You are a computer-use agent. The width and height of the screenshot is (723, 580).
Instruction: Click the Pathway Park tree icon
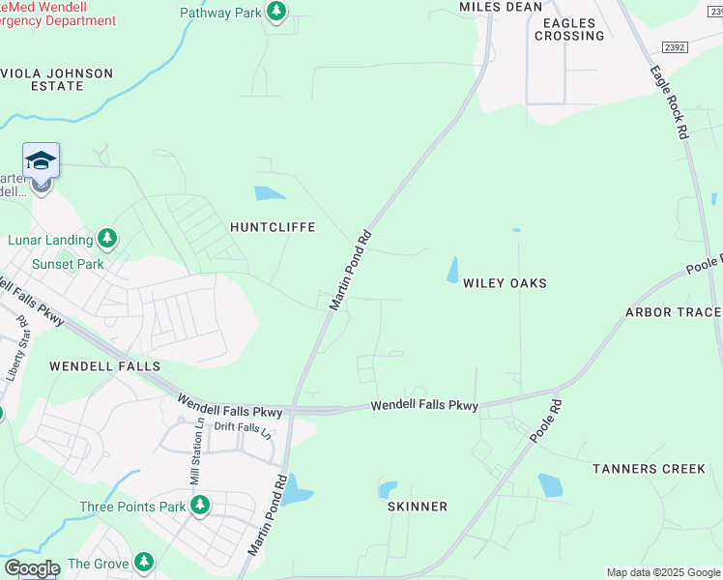[x=276, y=12]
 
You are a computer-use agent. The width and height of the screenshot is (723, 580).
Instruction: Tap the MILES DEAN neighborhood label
[x=500, y=7]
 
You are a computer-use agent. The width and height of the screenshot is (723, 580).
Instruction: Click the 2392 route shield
[x=675, y=46]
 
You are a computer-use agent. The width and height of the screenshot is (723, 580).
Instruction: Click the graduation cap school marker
[x=41, y=160]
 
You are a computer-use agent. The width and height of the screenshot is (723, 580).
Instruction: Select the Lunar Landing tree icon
[x=108, y=239]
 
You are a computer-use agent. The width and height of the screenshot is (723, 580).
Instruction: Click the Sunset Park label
[x=68, y=263]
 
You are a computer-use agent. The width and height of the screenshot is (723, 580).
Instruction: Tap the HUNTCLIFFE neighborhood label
[x=273, y=227]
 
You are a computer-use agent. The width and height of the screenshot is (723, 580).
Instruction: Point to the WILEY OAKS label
[x=505, y=283]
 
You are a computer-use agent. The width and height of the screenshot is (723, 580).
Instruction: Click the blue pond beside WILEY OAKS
[x=452, y=271]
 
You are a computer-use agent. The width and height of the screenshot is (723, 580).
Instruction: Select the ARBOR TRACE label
[x=673, y=312]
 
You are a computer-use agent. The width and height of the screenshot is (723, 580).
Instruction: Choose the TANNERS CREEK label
[x=649, y=469]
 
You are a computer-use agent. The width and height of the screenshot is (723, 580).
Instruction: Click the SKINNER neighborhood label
[x=418, y=507]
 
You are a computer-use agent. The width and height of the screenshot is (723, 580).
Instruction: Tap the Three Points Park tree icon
[x=200, y=506]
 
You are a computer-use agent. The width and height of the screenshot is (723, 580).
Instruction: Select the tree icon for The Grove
[x=144, y=562]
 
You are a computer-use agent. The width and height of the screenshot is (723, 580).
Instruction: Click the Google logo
[x=32, y=568]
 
